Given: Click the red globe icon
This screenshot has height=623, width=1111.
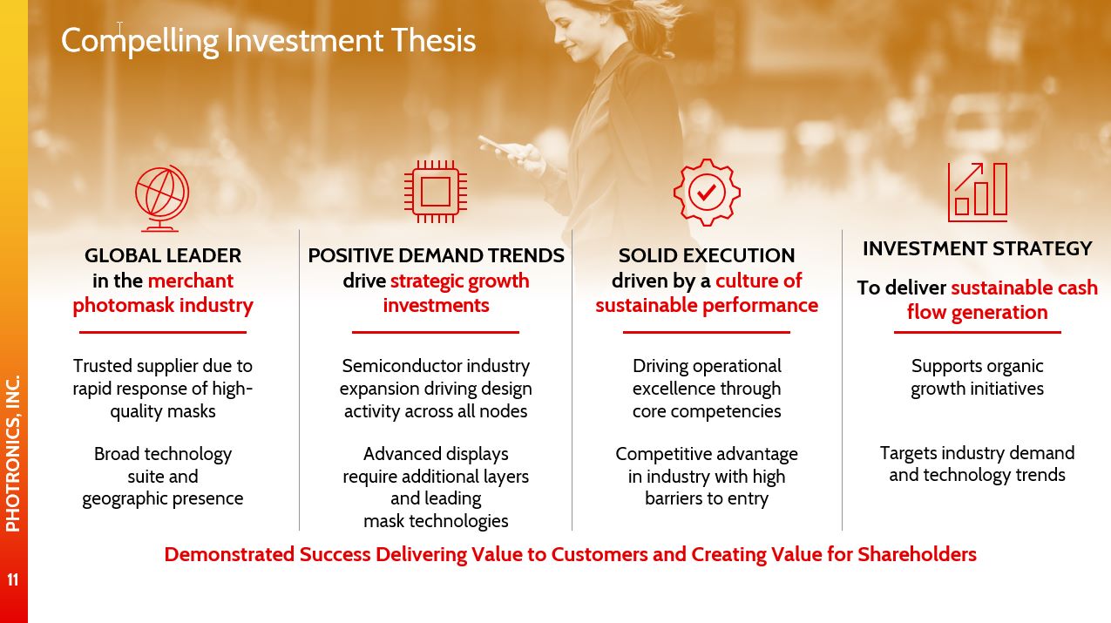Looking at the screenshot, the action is pos(162,198).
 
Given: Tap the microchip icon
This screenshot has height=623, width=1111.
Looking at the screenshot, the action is pos(436,192).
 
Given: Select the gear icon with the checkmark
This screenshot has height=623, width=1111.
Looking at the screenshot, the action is pos(707,193).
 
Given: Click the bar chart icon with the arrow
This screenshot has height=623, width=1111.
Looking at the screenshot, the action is pos(978,192).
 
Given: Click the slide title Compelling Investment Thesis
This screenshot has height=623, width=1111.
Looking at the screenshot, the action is pos(268,41).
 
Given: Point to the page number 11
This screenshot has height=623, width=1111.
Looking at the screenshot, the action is pos(13,579).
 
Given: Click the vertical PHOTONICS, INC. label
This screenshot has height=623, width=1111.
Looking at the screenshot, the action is pos(13,453).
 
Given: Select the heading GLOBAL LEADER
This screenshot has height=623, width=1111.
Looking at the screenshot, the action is pos(163,255).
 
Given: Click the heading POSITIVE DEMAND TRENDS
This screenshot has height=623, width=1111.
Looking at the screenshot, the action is pos(436,255).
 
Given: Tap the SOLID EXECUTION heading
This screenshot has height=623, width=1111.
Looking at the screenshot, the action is pos(707,255).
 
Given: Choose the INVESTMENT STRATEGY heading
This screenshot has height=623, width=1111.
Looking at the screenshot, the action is pos(978,248).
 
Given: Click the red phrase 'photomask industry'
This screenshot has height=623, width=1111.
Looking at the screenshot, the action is pos(163,306).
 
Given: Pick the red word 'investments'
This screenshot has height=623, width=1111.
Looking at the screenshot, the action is pos(436,305).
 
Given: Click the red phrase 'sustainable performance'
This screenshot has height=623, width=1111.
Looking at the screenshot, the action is pos(707,306).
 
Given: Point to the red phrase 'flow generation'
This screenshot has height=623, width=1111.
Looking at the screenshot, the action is pos(977,313).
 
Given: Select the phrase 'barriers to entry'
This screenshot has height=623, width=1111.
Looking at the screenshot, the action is pos(707,498).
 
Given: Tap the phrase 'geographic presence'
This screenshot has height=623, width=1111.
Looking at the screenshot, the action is pos(163,499).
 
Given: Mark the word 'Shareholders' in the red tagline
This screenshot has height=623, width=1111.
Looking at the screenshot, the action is pos(917,554).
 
